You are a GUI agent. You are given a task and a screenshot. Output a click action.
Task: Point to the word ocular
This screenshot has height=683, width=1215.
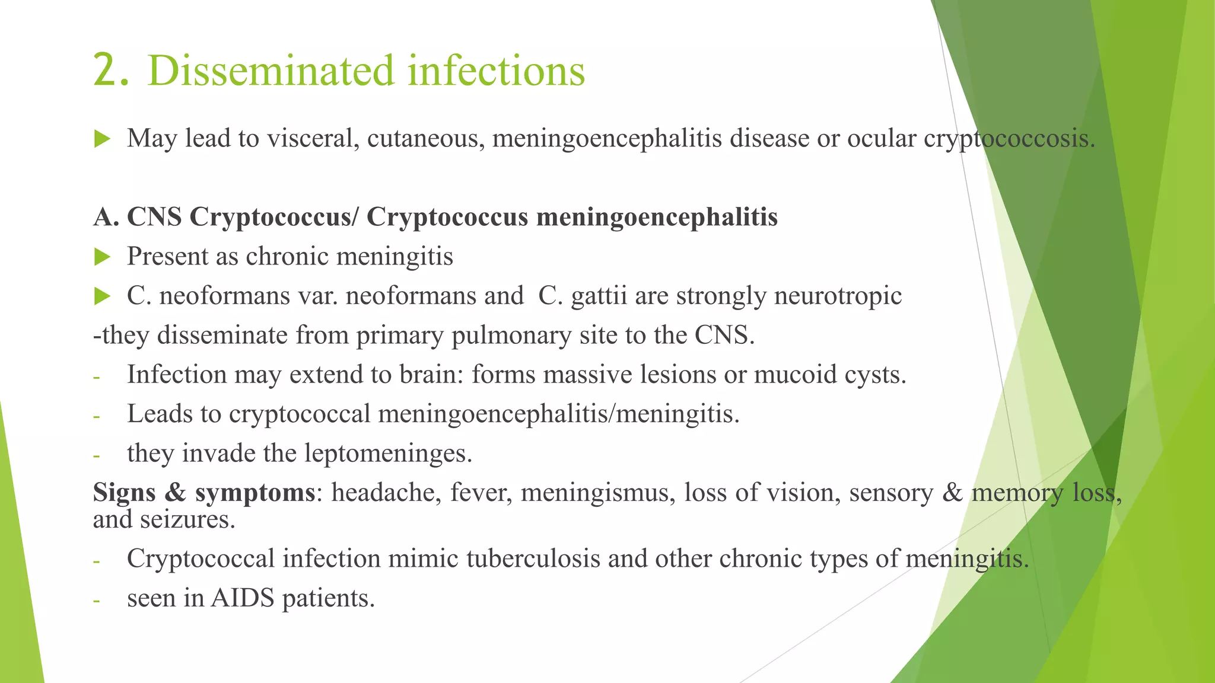[x=882, y=139]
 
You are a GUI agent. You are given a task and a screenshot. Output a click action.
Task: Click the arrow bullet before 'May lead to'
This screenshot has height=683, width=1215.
[x=102, y=139]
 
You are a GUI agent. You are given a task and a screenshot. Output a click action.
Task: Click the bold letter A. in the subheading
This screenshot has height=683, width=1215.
[x=106, y=217]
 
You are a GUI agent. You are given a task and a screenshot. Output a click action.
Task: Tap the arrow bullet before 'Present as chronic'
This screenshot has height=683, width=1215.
[x=102, y=257]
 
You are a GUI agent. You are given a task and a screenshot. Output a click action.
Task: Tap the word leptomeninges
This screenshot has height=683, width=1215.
[x=388, y=454]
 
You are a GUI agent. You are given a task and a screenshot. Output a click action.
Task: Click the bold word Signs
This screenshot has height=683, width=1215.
[x=124, y=493]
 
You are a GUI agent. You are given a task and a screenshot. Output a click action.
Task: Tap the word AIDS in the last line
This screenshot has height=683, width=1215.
[x=242, y=598]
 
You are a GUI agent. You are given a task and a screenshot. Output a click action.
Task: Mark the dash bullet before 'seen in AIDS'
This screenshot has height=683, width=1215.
[x=97, y=600]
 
